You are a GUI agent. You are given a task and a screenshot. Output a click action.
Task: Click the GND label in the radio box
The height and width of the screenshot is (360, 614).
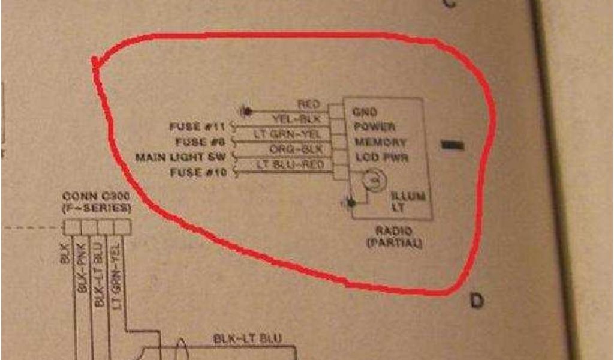click(365, 112)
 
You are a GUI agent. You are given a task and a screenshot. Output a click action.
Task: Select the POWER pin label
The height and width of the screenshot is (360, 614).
click(374, 127)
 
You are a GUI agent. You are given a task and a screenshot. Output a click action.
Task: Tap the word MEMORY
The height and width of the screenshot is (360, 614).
click(380, 143)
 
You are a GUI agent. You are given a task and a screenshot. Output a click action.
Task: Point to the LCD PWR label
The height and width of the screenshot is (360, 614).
click(380, 158)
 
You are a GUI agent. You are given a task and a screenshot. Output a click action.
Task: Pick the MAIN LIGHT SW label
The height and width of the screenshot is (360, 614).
click(183, 158)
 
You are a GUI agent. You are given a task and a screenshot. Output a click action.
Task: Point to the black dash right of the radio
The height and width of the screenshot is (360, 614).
click(452, 145)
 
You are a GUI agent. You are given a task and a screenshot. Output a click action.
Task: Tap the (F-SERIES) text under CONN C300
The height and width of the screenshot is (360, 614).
click(97, 208)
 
